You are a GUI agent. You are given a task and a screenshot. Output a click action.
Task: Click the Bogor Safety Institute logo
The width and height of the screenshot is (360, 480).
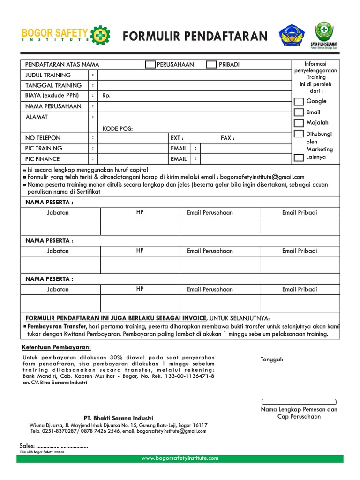pos(66,35)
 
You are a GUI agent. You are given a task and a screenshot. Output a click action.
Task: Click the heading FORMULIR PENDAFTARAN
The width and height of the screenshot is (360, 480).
pos(195,36)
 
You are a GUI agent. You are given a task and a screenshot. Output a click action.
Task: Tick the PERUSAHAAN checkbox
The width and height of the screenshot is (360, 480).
pos(150,65)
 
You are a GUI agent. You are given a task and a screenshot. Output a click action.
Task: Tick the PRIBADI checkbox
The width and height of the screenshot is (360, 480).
pos(211,65)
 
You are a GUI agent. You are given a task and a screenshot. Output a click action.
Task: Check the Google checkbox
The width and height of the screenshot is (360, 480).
pos(299,102)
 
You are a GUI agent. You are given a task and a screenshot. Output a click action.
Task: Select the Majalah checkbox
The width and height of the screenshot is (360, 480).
pos(299,123)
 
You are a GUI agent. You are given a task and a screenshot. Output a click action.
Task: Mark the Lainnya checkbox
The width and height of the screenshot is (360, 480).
pos(299,157)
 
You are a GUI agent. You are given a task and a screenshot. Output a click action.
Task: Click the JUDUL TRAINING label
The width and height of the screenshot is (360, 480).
pos(48,75)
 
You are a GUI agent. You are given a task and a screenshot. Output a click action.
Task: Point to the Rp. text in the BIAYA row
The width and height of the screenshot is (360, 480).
pos(107,96)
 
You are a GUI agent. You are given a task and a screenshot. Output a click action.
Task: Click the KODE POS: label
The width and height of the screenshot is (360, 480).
pos(118,128)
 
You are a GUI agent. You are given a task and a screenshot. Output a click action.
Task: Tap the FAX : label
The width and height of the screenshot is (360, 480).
pos(227,138)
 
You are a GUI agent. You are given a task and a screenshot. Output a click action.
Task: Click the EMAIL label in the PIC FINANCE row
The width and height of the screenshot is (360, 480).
pos(179,159)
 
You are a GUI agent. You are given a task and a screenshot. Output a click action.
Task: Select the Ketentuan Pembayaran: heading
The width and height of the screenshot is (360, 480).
pos(57,347)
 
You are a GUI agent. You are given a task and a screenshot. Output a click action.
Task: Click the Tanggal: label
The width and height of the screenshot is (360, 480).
pos(272,360)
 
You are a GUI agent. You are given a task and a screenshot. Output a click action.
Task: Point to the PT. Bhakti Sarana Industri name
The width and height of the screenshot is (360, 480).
pos(118,418)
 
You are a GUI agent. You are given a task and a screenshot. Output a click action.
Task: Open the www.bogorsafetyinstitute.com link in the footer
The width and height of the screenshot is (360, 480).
pos(180,458)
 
